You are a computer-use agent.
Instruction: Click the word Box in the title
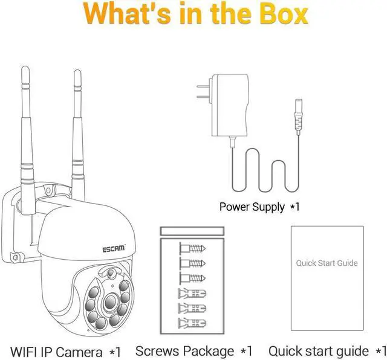point(284,13)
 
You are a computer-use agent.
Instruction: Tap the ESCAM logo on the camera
point(114,248)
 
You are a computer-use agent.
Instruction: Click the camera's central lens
point(110,301)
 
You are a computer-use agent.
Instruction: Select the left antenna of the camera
point(27,141)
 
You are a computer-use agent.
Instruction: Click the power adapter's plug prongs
point(203,92)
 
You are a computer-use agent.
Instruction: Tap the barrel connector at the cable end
point(298,117)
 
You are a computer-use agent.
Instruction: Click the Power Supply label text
point(259,207)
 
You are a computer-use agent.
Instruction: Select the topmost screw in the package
point(192,248)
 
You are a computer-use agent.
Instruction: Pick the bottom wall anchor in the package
point(192,323)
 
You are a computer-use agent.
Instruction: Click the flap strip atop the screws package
point(192,231)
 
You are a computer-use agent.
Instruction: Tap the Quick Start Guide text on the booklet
point(327,263)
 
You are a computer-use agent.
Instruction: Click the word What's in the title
point(126,13)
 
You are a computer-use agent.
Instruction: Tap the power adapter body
point(230,105)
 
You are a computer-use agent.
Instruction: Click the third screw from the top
point(192,278)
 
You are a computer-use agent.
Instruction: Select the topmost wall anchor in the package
point(192,294)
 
